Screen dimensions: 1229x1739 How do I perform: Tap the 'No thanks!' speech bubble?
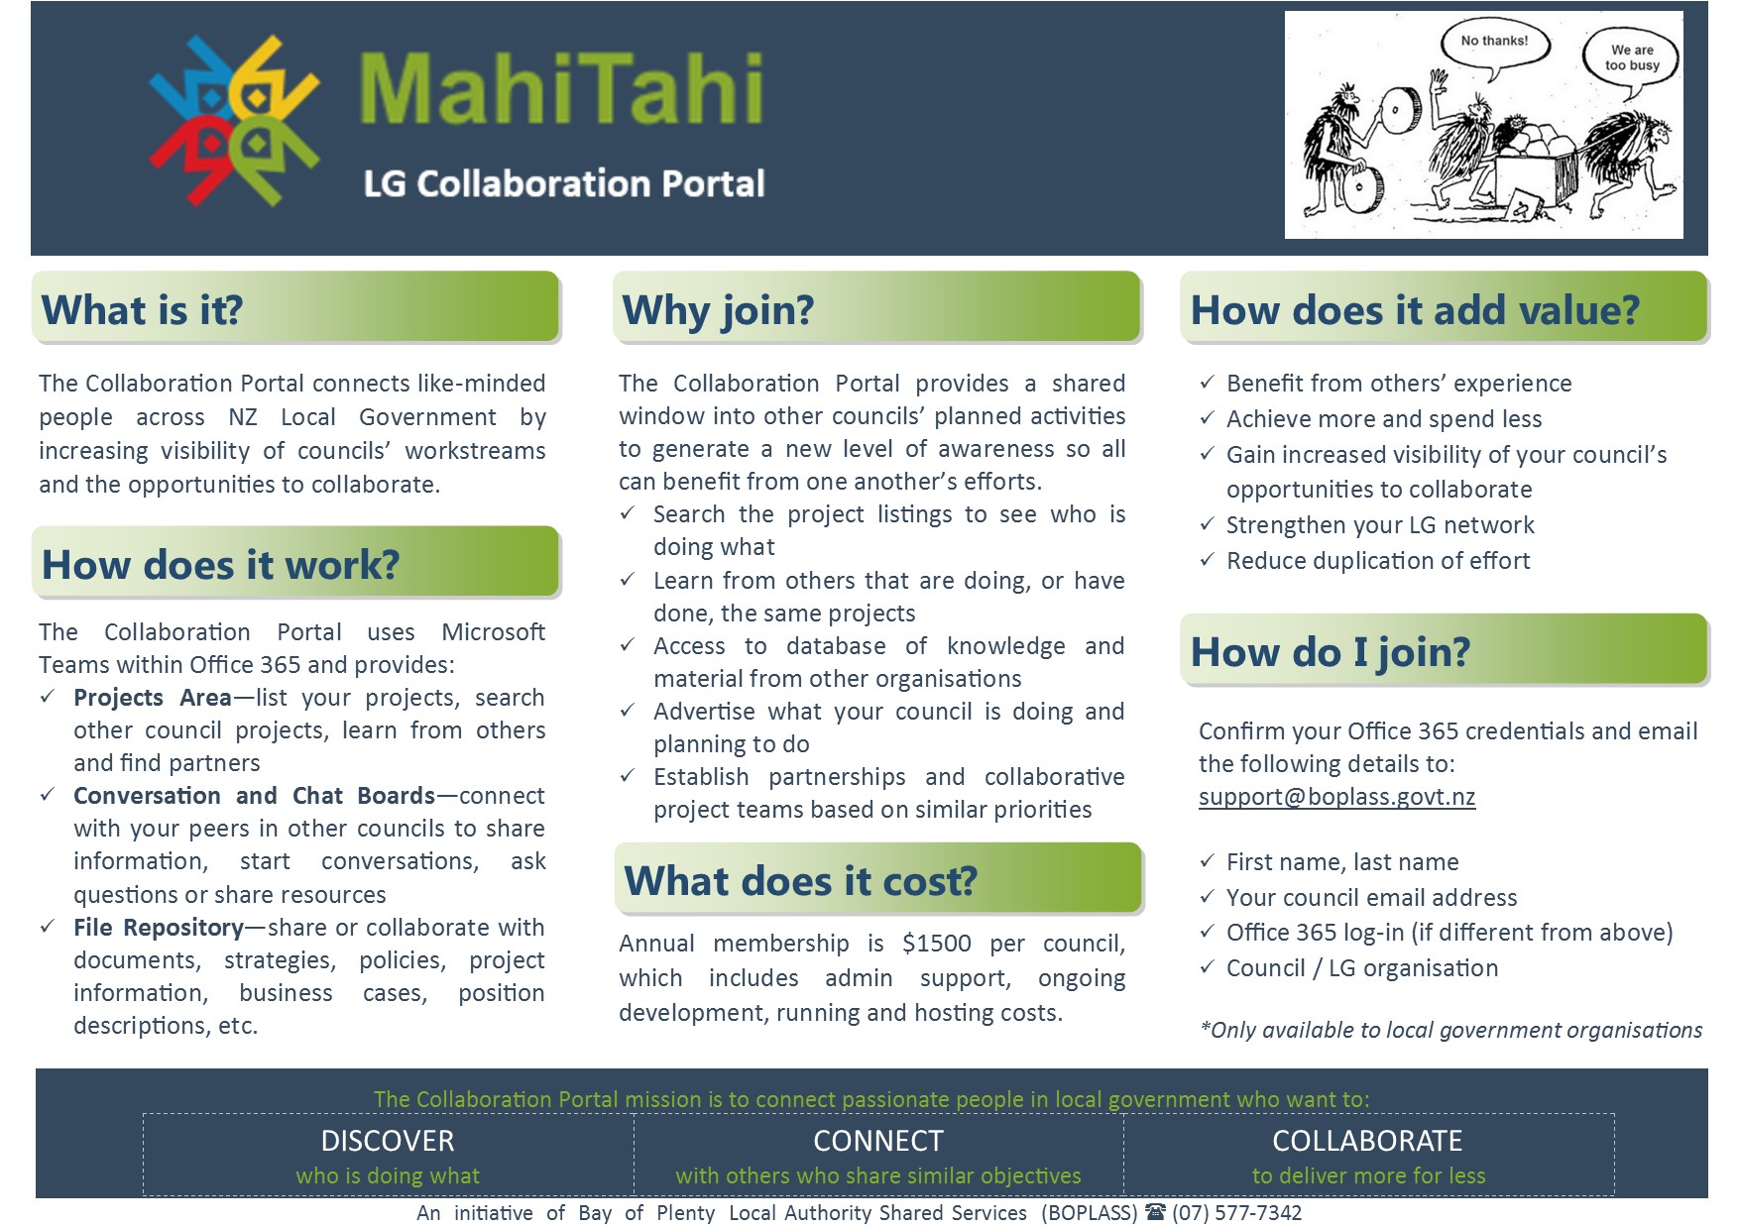click(1494, 44)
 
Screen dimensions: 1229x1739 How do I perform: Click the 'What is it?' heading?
click(143, 310)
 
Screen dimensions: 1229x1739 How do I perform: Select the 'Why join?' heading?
click(718, 310)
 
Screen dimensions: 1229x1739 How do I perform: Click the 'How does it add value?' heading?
click(1415, 310)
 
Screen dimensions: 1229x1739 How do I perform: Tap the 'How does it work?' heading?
click(220, 565)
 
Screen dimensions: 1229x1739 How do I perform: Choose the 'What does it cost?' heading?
click(800, 880)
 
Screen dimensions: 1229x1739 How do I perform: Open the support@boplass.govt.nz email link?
click(1336, 797)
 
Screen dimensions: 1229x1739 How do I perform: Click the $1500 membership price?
click(936, 943)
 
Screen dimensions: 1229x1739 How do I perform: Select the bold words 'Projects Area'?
click(152, 698)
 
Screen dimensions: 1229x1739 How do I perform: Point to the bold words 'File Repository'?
click(158, 928)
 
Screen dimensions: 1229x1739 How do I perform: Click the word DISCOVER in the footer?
click(388, 1141)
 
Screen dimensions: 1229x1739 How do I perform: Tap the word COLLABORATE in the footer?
click(1367, 1141)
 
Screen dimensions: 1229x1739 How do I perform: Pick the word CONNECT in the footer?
click(878, 1141)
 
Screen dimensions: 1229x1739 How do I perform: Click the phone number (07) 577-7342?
click(1236, 1213)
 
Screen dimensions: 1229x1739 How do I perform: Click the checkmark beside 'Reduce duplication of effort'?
click(1207, 561)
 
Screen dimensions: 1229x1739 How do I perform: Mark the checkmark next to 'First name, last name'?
click(1207, 862)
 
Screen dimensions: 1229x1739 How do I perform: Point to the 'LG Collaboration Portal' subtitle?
click(564, 184)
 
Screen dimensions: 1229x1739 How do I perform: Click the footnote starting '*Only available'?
click(1450, 1030)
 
